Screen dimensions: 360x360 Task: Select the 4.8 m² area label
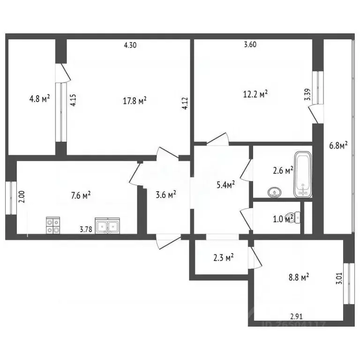tap(39, 99)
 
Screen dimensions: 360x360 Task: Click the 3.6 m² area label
tap(165, 193)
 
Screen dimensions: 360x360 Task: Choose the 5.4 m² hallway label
tap(225, 185)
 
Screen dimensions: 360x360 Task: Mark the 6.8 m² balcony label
tap(337, 146)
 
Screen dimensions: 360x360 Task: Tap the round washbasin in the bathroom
tap(274, 191)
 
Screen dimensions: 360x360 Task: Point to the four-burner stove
tap(52, 226)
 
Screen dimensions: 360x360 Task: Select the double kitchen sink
tap(107, 226)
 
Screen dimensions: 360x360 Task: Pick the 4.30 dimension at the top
tap(131, 45)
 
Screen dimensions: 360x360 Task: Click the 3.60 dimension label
tap(251, 45)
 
